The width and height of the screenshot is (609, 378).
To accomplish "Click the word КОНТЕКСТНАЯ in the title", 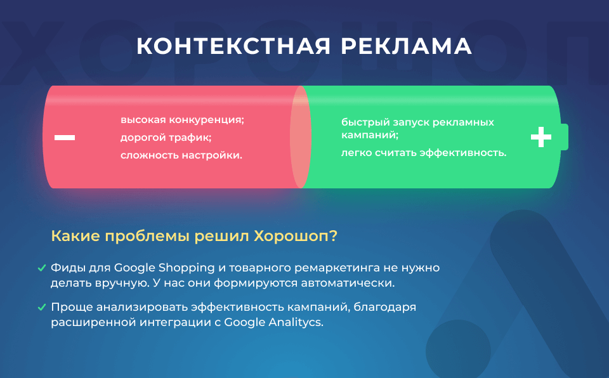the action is pyautogui.click(x=233, y=46).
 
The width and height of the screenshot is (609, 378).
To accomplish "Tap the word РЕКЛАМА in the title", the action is pyautogui.click(x=406, y=46).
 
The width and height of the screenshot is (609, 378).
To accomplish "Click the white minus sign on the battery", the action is pyautogui.click(x=65, y=137).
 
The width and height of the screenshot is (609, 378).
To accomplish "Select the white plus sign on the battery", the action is pyautogui.click(x=541, y=137).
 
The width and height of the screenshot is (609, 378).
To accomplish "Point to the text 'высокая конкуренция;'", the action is pyautogui.click(x=182, y=120).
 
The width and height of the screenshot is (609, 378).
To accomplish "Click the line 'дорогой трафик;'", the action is pyautogui.click(x=166, y=138).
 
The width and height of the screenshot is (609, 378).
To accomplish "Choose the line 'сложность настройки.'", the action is pyautogui.click(x=181, y=155).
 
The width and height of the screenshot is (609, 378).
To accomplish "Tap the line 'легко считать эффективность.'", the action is pyautogui.click(x=424, y=153).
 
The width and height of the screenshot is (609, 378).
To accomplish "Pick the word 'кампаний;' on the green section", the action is pyautogui.click(x=370, y=135).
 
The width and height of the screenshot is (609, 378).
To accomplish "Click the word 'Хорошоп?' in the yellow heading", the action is pyautogui.click(x=296, y=236).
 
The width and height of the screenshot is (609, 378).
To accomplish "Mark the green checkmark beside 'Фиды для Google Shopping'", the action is pyautogui.click(x=42, y=268).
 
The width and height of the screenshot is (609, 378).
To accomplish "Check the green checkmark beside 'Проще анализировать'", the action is pyautogui.click(x=42, y=308).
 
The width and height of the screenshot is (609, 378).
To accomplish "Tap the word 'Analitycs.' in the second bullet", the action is pyautogui.click(x=296, y=322).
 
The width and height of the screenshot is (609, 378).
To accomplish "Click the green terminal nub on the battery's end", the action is pyautogui.click(x=565, y=137).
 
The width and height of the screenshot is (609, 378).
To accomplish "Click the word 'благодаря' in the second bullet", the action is pyautogui.click(x=385, y=308).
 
